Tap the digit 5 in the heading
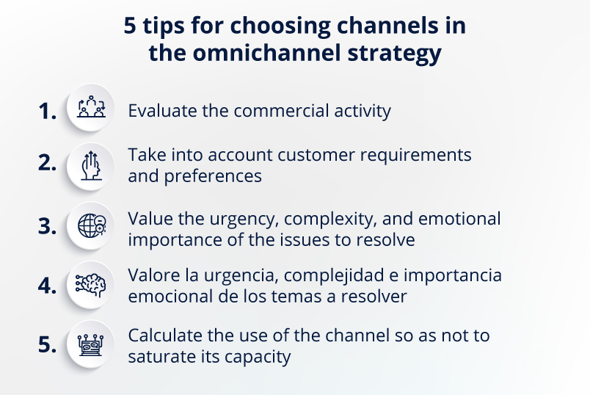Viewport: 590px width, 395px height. tap(130, 26)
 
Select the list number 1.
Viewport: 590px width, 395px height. tap(48, 112)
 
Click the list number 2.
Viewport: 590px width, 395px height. tap(48, 163)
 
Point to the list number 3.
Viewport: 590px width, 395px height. tap(48, 226)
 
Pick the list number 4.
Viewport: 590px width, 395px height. tap(48, 286)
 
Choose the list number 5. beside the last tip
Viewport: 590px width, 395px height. tap(48, 344)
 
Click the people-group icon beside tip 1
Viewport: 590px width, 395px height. tap(91, 107)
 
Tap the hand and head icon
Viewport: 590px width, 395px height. tap(91, 166)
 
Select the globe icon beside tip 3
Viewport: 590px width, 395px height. tap(92, 225)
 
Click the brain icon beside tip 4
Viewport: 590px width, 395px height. tap(90, 285)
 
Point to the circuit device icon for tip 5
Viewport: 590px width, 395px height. tap(91, 345)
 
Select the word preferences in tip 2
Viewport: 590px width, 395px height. tap(213, 176)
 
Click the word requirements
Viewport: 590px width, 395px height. tap(416, 155)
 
